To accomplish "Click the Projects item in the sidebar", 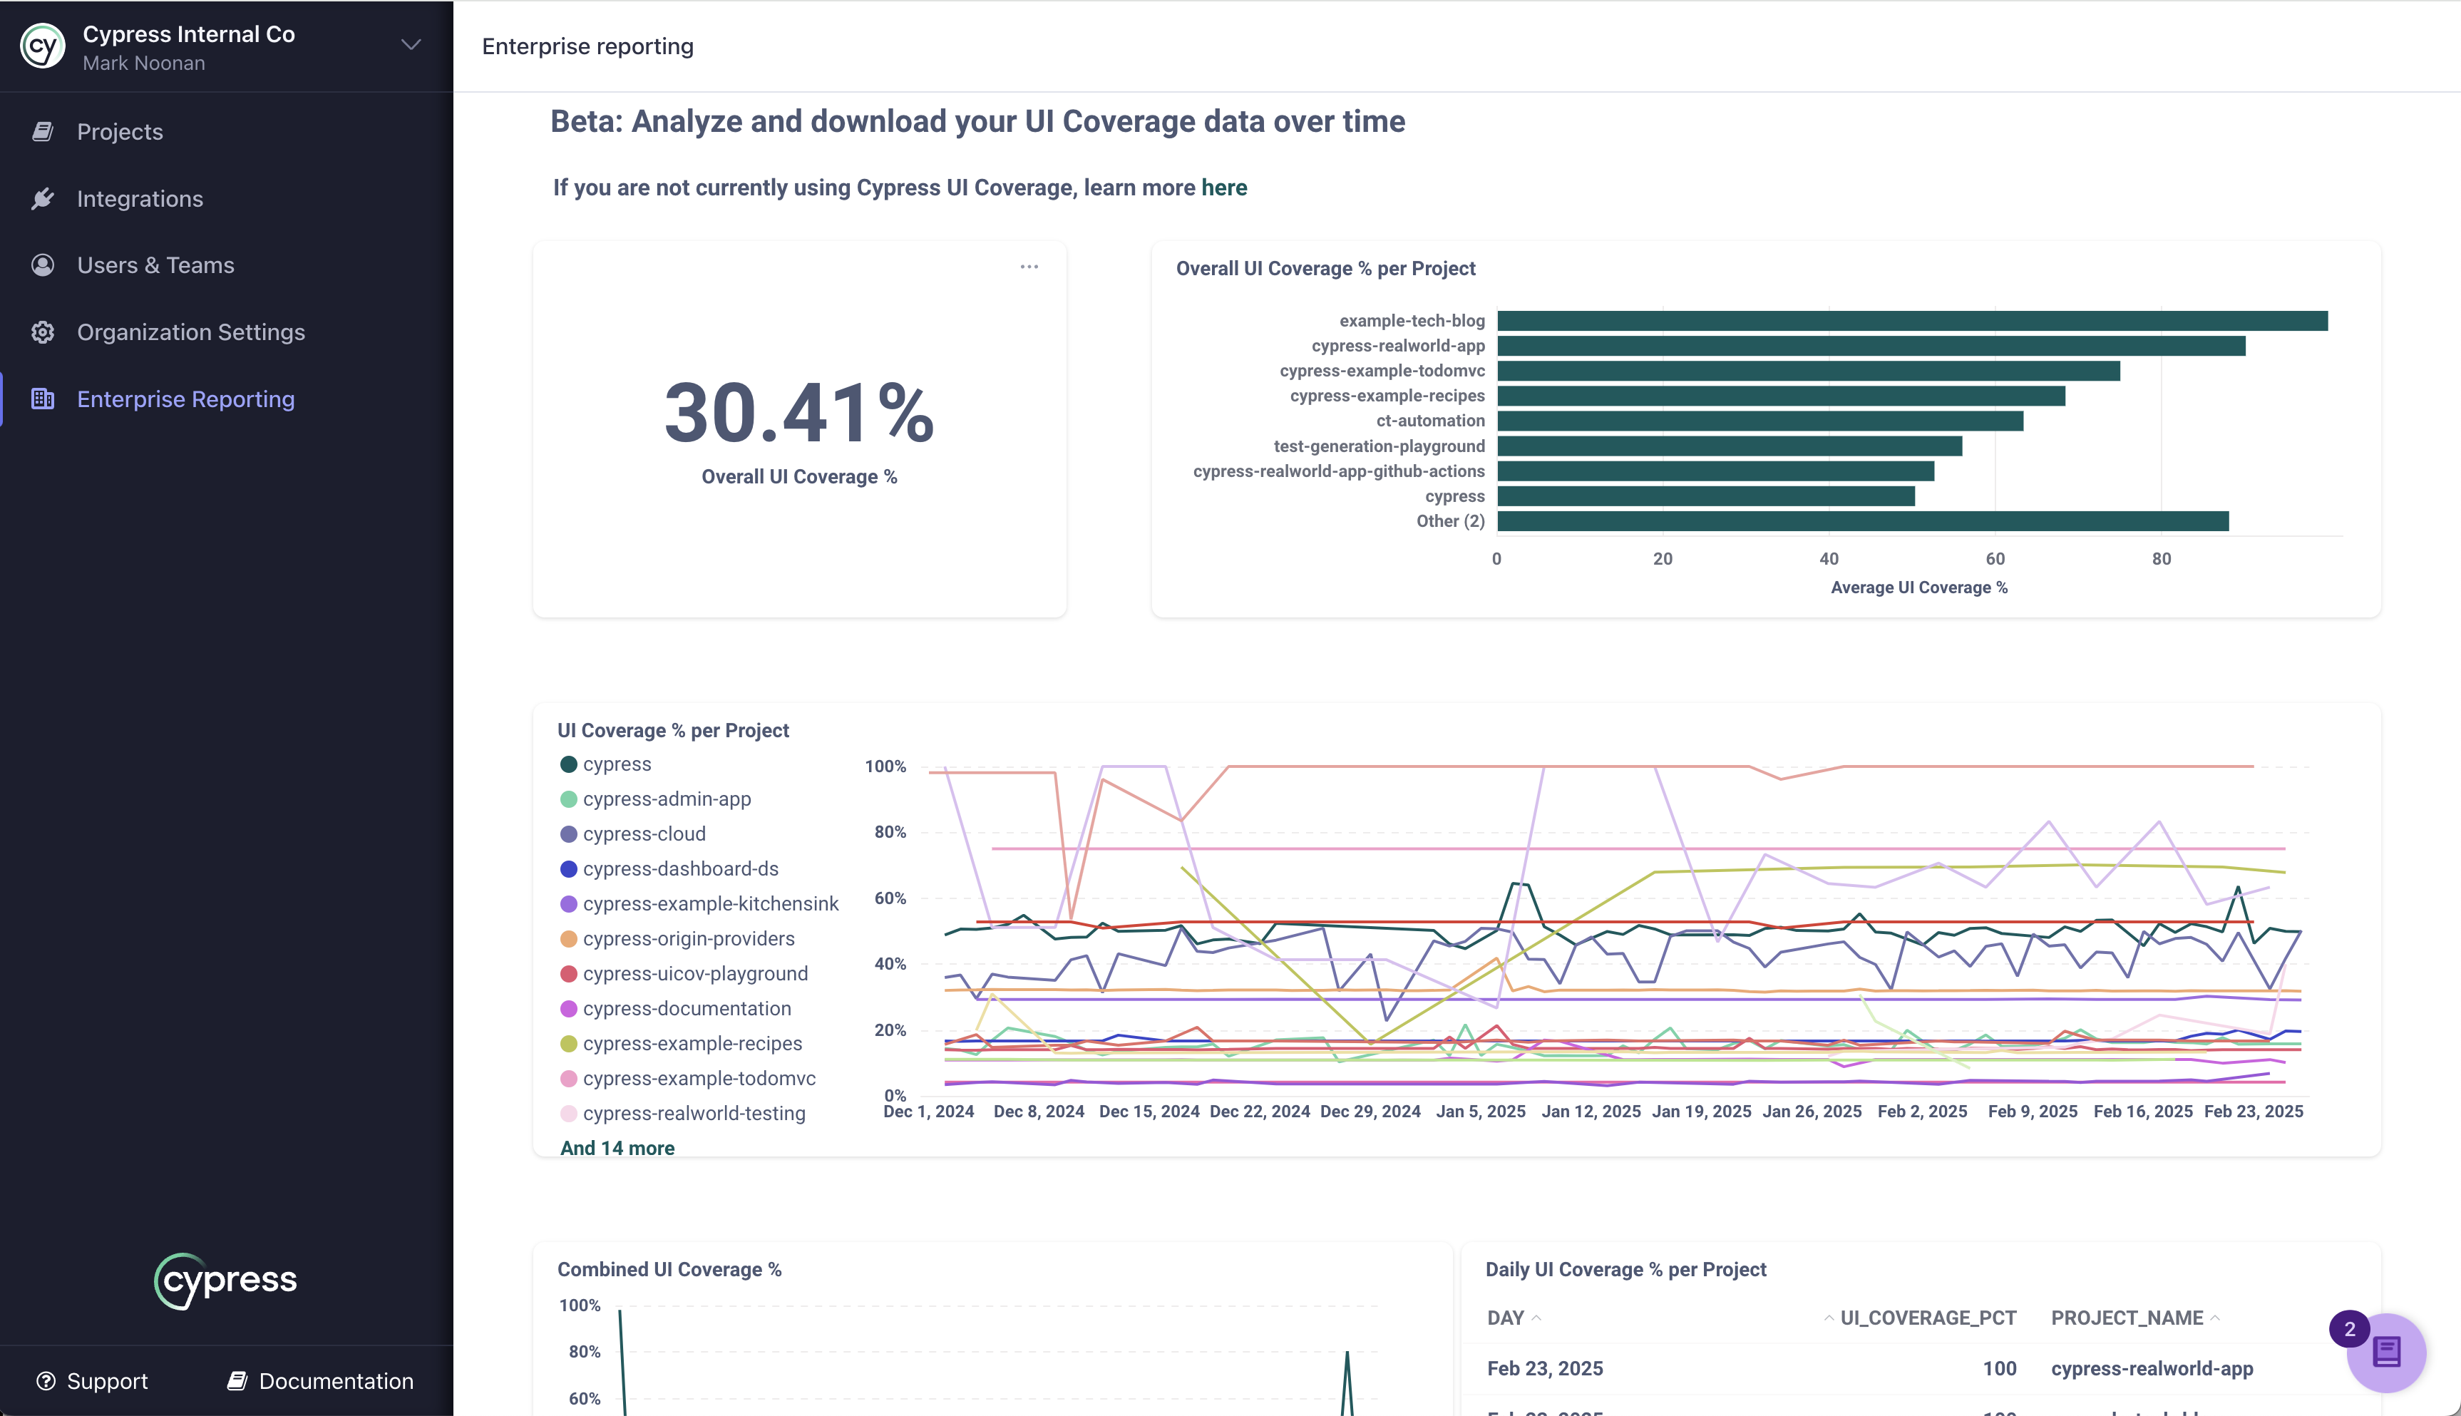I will point(120,133).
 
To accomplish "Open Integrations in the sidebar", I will point(140,200).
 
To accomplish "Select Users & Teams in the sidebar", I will point(155,265).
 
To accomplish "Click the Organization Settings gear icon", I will point(43,332).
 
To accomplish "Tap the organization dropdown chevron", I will point(411,45).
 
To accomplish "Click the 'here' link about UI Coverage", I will point(1223,188).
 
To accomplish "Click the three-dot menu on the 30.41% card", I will point(1029,267).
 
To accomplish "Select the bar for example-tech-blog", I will point(1911,321).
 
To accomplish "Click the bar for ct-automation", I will point(1760,421).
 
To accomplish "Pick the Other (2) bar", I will point(1862,521).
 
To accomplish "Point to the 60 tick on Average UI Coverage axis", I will point(1994,559).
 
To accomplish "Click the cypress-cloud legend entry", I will point(644,834).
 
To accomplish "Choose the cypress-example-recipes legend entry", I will point(692,1044).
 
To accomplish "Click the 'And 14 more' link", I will point(617,1149).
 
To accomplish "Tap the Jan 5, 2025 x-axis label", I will point(1480,1112).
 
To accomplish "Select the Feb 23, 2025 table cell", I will point(1545,1370).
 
